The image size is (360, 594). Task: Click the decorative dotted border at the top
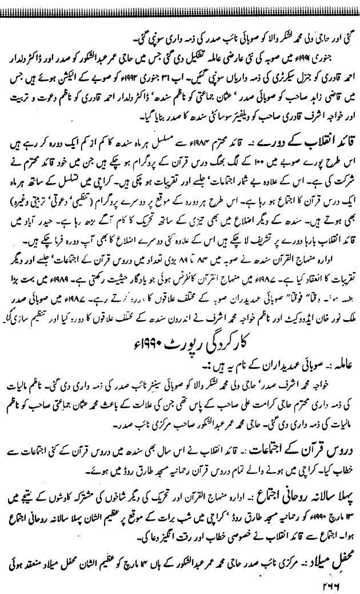click(180, 5)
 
